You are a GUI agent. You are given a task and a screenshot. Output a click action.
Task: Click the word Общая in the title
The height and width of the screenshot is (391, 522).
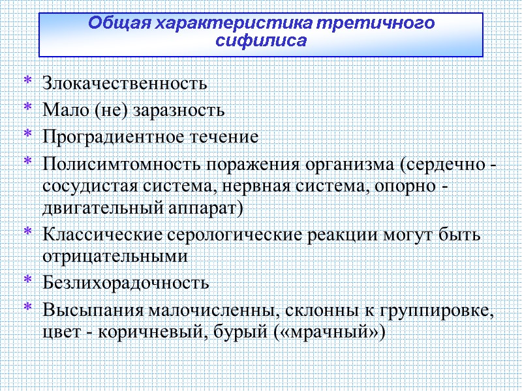(115, 24)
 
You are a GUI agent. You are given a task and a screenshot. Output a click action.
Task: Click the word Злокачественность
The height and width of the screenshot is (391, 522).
(125, 84)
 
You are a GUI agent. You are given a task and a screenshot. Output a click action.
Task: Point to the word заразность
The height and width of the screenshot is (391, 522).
(179, 111)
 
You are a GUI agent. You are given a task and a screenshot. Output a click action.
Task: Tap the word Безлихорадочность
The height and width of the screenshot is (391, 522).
(126, 283)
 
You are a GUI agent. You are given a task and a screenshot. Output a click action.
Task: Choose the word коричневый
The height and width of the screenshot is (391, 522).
(137, 332)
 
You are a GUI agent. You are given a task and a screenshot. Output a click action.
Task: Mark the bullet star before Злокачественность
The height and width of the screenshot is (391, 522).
(27, 81)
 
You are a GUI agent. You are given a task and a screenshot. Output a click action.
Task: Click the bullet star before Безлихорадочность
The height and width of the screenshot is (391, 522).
(27, 281)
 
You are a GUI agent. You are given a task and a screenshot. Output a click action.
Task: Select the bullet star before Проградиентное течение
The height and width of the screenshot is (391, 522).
(27, 135)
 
